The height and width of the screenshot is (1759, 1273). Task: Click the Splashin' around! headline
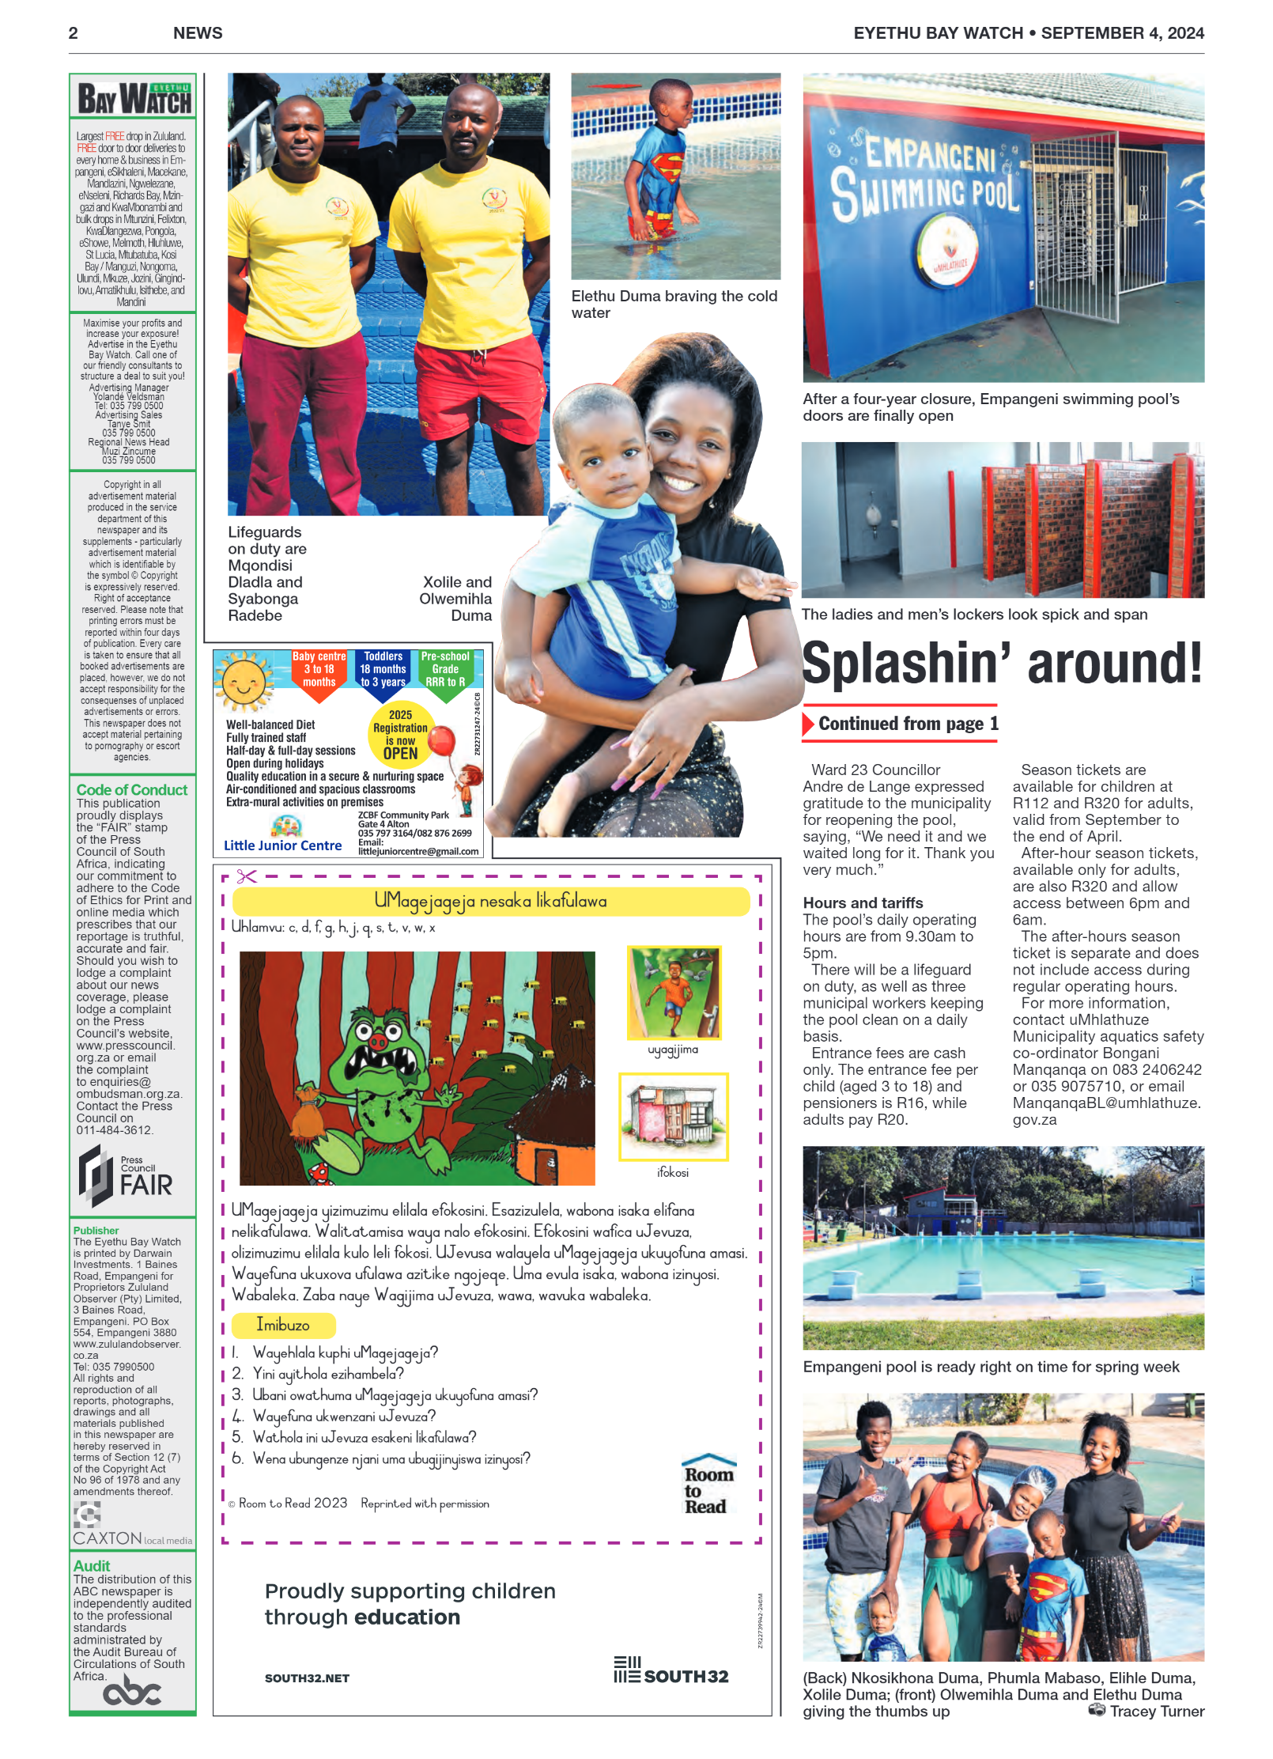click(x=1002, y=663)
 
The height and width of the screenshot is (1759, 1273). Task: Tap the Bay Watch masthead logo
click(x=134, y=100)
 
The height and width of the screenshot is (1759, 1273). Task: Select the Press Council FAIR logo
click(x=127, y=1176)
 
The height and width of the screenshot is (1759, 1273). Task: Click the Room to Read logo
click(x=708, y=1485)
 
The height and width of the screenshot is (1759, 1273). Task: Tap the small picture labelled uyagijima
click(x=674, y=993)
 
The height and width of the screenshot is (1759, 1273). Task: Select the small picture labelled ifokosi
click(x=674, y=1116)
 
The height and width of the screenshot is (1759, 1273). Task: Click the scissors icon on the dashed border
click(x=247, y=876)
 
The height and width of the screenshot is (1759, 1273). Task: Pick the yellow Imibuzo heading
click(x=284, y=1325)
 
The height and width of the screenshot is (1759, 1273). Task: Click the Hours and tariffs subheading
click(x=863, y=902)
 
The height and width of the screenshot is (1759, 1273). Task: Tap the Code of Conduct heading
click(x=132, y=789)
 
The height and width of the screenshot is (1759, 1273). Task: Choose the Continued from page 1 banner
click(x=901, y=724)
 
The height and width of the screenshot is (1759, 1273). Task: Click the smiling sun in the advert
click(x=244, y=681)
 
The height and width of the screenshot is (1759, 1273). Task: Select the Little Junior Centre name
click(x=282, y=845)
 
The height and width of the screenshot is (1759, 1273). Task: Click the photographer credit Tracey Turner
click(x=1156, y=1712)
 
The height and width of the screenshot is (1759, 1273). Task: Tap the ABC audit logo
click(x=132, y=1693)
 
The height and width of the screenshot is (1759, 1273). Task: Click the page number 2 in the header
click(x=74, y=33)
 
